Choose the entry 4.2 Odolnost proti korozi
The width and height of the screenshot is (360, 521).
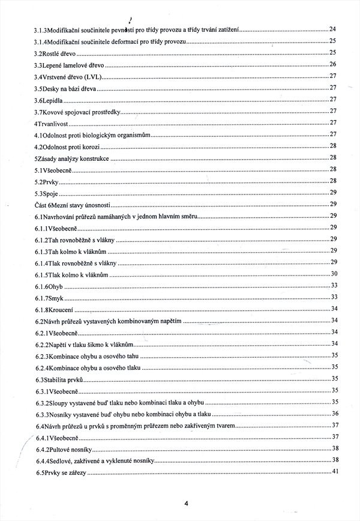(x=67, y=146)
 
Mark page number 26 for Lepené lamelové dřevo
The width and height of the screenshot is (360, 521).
(x=334, y=64)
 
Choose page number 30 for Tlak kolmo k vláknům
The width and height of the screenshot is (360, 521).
(x=334, y=274)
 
